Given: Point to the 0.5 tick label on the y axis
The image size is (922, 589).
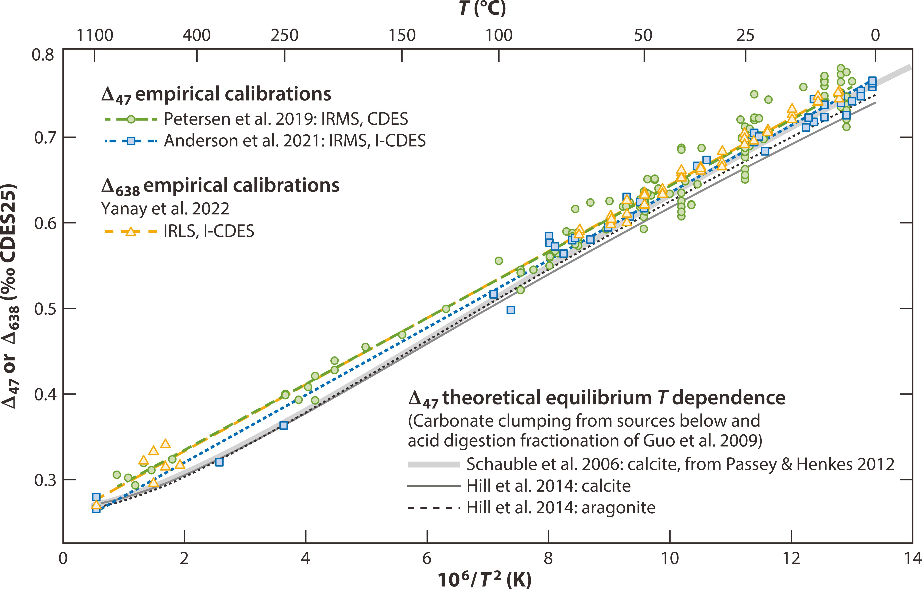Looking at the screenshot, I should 45,309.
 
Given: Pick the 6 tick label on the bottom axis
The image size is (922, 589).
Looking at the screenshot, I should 427,558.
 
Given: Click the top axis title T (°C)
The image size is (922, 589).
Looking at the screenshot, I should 483,8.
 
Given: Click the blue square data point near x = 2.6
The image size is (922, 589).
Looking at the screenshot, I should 219,462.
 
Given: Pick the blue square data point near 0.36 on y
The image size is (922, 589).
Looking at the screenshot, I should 283,425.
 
